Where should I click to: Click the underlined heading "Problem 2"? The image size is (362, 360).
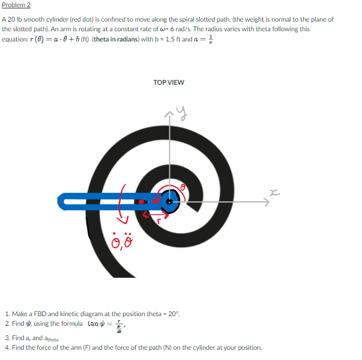[16, 5]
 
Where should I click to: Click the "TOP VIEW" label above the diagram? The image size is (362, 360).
[169, 82]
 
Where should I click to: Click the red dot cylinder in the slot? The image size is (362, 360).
[142, 203]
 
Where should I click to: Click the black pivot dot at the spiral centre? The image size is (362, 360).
[170, 203]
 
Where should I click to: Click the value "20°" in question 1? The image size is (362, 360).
[172, 314]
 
